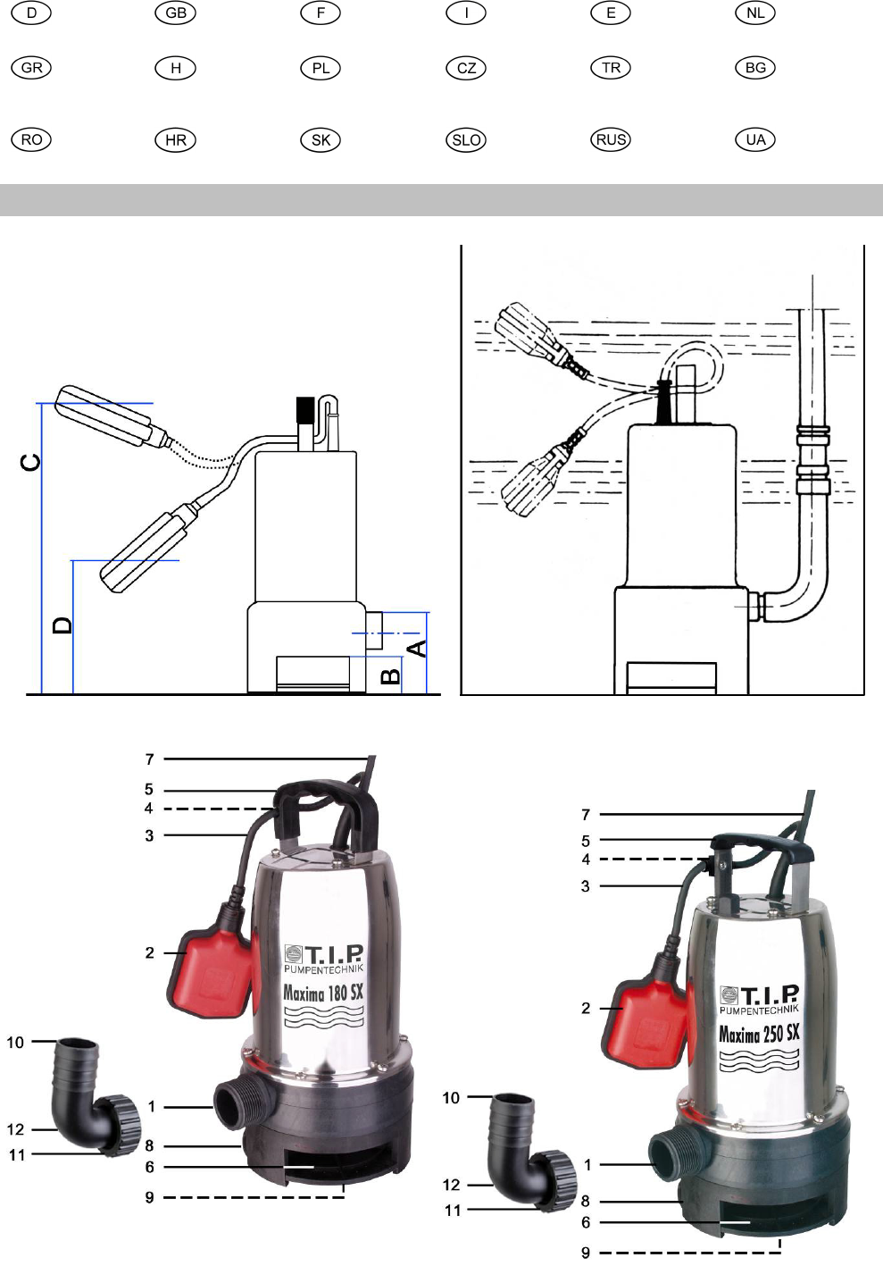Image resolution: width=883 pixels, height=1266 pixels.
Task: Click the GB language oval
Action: click(176, 13)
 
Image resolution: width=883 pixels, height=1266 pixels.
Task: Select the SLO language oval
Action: click(466, 139)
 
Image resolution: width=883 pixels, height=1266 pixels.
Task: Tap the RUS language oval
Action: click(611, 139)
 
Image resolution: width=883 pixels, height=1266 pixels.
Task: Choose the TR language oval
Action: click(611, 68)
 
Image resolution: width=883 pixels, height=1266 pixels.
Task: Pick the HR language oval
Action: click(176, 139)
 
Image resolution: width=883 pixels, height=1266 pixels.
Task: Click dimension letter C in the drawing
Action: click(30, 462)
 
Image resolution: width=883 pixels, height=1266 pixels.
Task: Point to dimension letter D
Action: click(62, 625)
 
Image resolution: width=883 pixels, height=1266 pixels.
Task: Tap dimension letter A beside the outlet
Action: click(417, 649)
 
